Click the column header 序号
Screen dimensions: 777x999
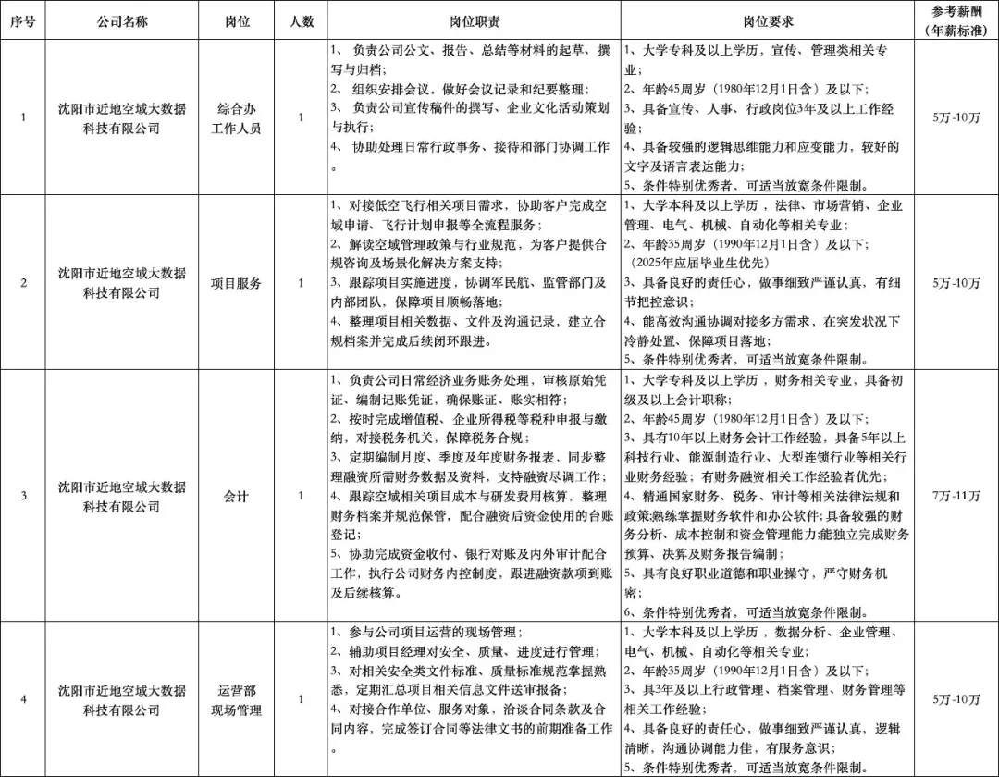pos(23,21)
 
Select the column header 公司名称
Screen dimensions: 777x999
pos(121,21)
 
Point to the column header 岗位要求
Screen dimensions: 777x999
pos(768,21)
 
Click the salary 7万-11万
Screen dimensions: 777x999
pos(956,497)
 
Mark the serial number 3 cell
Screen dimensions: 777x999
pos(23,497)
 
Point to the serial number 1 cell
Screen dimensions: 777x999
pos(23,118)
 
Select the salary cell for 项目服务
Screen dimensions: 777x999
pos(956,283)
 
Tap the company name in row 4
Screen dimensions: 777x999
pos(121,700)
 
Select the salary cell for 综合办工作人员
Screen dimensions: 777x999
pos(956,118)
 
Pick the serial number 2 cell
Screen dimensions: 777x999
pos(23,283)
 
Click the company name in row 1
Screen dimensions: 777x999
pos(121,118)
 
